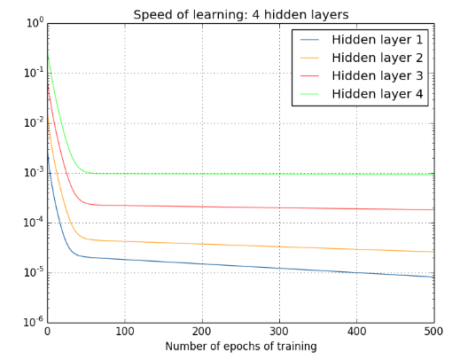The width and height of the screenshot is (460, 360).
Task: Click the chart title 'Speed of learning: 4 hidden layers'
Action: (x=239, y=14)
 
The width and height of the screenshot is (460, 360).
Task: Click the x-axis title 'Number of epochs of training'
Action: (x=239, y=347)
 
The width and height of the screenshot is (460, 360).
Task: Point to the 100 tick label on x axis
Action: (x=124, y=331)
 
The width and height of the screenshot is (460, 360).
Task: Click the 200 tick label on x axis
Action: (x=202, y=331)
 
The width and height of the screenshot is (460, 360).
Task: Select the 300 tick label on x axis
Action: (x=279, y=331)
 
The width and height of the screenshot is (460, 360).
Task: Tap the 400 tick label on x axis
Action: (x=356, y=331)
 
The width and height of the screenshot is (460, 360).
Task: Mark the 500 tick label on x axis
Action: (x=433, y=331)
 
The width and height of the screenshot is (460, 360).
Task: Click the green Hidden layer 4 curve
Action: (x=266, y=174)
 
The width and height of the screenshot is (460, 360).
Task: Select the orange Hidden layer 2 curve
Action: (x=266, y=247)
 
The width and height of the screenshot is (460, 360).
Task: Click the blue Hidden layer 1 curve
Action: (x=266, y=268)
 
